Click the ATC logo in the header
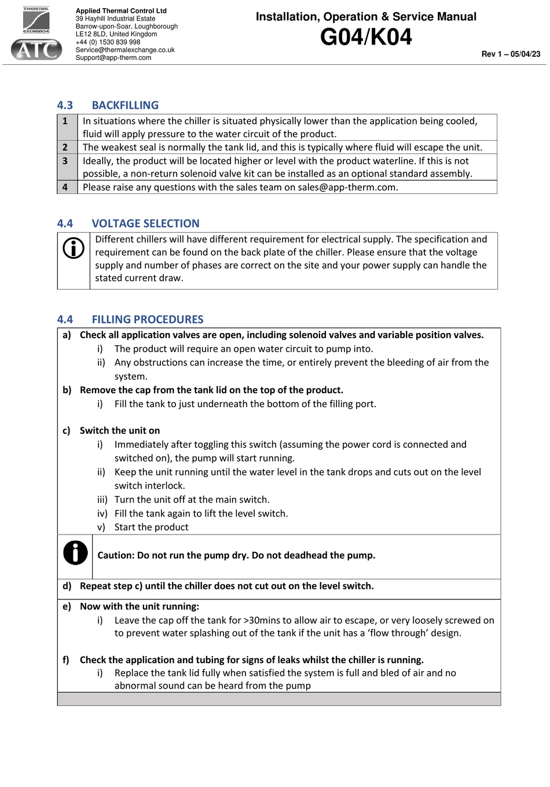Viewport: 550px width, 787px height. click(36, 49)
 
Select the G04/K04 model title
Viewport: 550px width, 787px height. click(366, 37)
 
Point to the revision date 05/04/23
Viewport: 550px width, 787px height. click(525, 54)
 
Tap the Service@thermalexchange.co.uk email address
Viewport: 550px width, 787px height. click(125, 50)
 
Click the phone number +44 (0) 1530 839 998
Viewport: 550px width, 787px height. click(108, 42)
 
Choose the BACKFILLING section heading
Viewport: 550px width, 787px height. click(125, 105)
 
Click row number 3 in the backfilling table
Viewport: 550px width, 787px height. click(65, 161)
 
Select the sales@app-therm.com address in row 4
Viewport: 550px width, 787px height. click(347, 187)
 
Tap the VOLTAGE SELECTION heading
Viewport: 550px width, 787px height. click(145, 224)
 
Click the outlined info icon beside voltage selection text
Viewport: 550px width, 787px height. click(74, 248)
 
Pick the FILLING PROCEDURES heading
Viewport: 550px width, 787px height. click(148, 320)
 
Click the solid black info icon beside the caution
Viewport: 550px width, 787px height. click(75, 553)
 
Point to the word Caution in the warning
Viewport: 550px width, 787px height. click(115, 555)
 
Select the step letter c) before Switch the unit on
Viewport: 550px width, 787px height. click(67, 430)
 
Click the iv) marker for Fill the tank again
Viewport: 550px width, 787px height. click(102, 514)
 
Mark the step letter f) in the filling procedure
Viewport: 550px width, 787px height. click(66, 660)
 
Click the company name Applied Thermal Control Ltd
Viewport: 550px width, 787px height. click(121, 11)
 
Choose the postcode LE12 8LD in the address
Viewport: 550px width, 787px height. click(91, 34)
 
